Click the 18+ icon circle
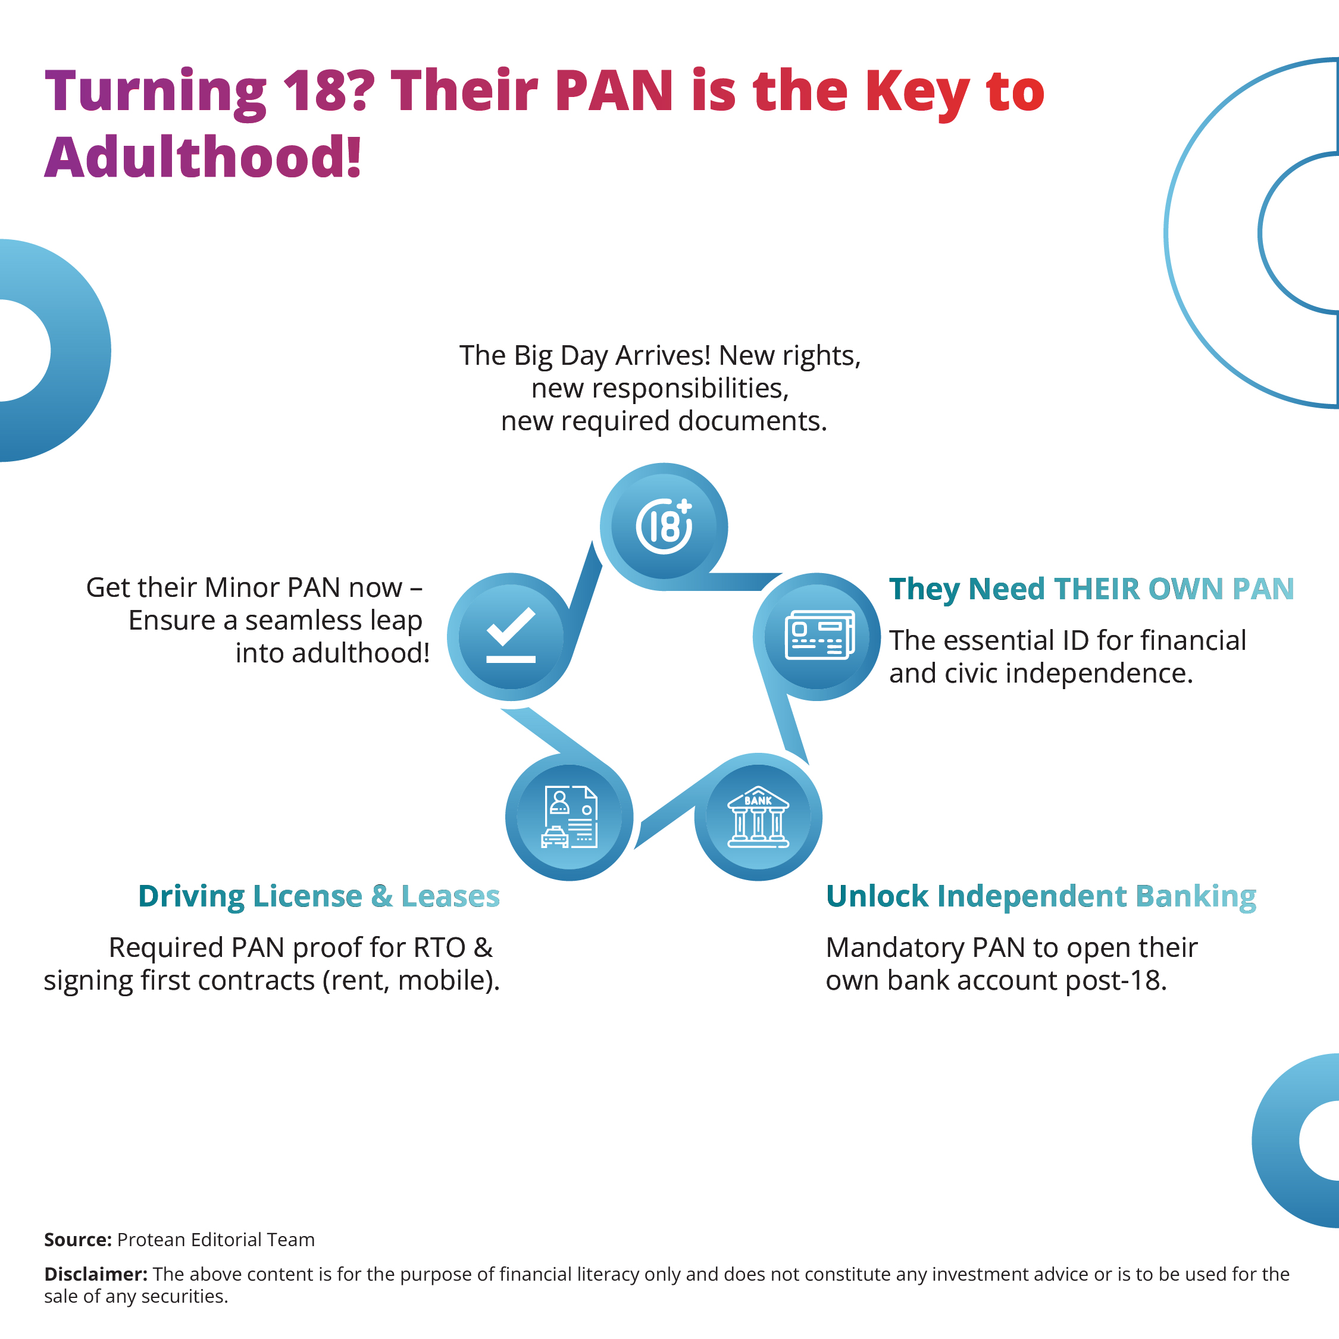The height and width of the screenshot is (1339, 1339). coord(664,527)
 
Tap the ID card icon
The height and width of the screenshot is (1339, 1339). coord(820,635)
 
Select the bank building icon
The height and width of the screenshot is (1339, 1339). coord(758,817)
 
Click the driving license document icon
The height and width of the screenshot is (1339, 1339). coord(569,817)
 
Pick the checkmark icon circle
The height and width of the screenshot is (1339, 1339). coord(511,636)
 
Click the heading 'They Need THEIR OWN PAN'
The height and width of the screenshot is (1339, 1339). coord(1091,589)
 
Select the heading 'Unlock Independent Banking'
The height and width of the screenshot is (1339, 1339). coord(1040,896)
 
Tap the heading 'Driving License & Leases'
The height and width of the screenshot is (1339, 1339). coord(319,896)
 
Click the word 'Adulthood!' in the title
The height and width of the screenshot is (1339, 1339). coord(203,157)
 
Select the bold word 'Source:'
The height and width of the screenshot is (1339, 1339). coord(77,1239)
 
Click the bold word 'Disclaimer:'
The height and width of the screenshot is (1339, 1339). coord(96,1274)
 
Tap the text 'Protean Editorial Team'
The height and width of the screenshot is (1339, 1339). coord(215,1239)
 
